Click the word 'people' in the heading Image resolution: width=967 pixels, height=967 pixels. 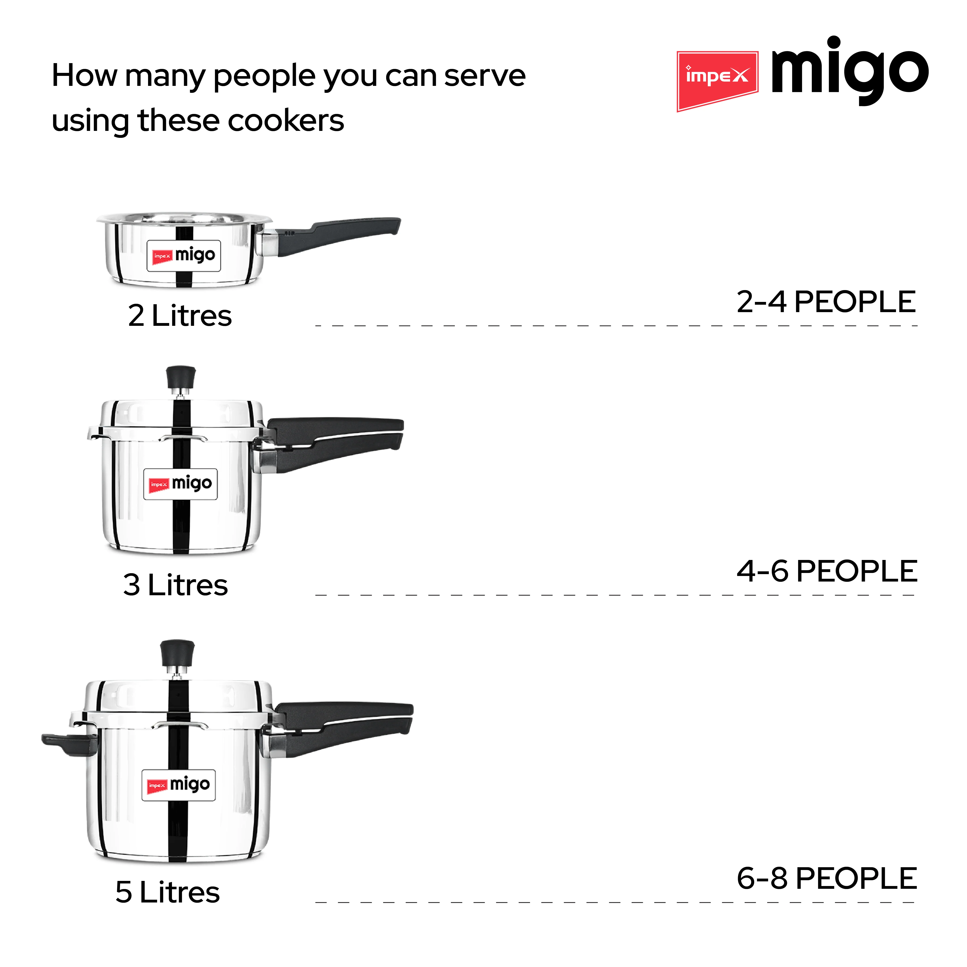point(265,76)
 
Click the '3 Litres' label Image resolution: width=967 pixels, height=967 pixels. point(175,585)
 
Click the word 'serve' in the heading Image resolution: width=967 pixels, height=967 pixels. point(485,76)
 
